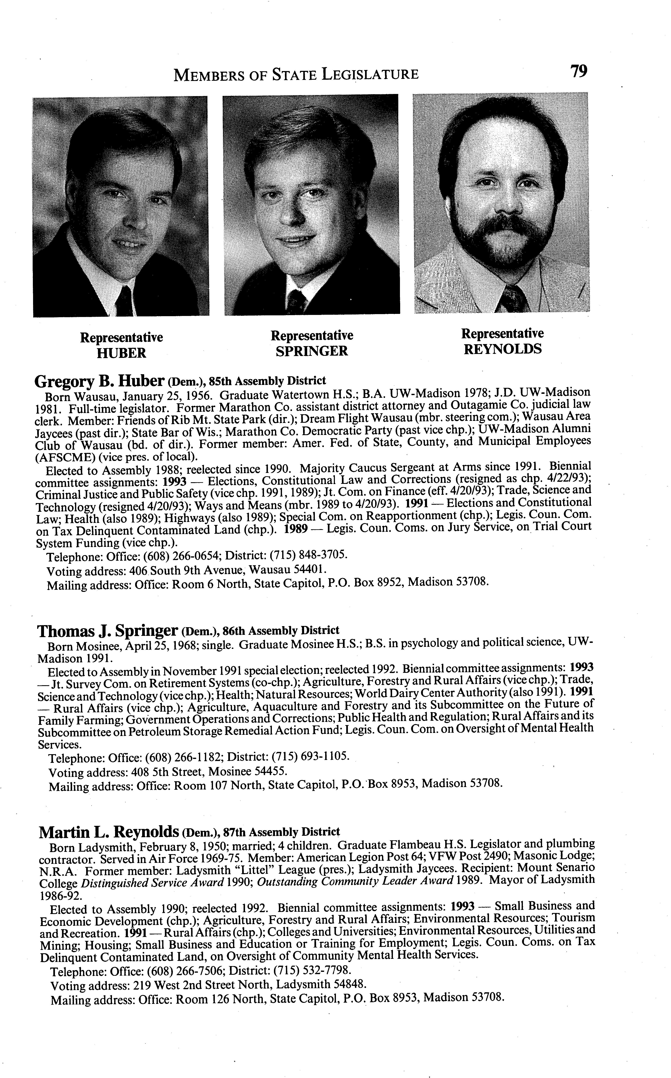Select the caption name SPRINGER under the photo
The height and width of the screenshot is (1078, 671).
[312, 351]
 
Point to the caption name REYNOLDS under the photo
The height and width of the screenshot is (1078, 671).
[503, 349]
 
